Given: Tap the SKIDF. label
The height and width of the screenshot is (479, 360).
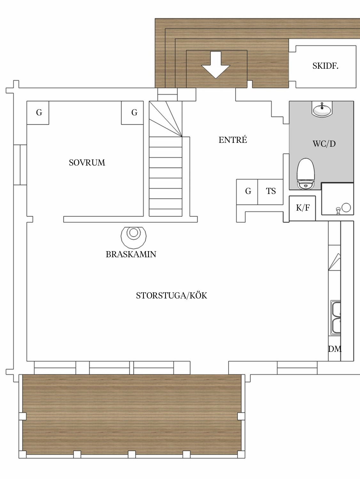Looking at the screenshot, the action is (x=325, y=66).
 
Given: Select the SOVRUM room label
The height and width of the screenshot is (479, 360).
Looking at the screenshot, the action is (x=87, y=163).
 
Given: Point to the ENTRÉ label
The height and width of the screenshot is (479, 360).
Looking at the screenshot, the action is (x=233, y=140).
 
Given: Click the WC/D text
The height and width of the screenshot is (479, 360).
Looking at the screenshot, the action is (x=324, y=144).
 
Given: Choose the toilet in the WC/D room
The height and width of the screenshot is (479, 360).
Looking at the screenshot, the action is (x=306, y=174).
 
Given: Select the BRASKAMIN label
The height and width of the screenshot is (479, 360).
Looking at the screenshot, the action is (x=131, y=254).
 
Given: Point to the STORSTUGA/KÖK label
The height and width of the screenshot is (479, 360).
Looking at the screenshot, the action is (x=172, y=296).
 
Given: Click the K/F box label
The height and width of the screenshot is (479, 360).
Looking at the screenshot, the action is (x=302, y=208).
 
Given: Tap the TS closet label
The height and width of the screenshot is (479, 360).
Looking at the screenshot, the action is (x=271, y=191).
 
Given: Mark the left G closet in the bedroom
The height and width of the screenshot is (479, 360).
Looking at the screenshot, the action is (x=38, y=113).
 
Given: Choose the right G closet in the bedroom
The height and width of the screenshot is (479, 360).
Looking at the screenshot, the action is (x=132, y=113).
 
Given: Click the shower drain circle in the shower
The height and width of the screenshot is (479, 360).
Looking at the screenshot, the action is (x=346, y=207).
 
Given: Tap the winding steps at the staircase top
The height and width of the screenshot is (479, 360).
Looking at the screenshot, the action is (x=166, y=119).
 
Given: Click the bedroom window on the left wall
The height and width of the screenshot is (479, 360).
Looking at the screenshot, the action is (x=20, y=165).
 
